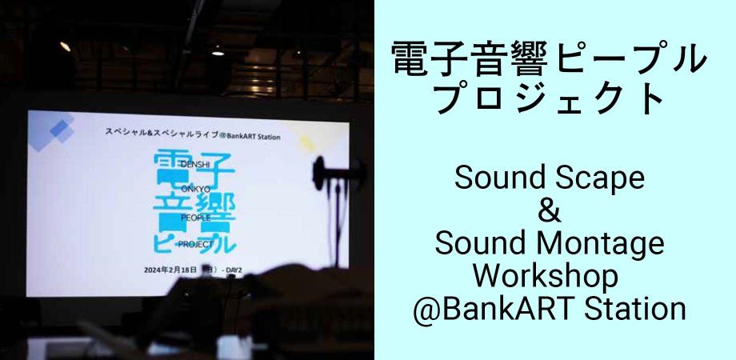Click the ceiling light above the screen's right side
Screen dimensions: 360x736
click(x=217, y=52)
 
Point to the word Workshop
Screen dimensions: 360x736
click(x=550, y=276)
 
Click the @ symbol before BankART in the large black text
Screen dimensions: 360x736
click(x=429, y=308)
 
